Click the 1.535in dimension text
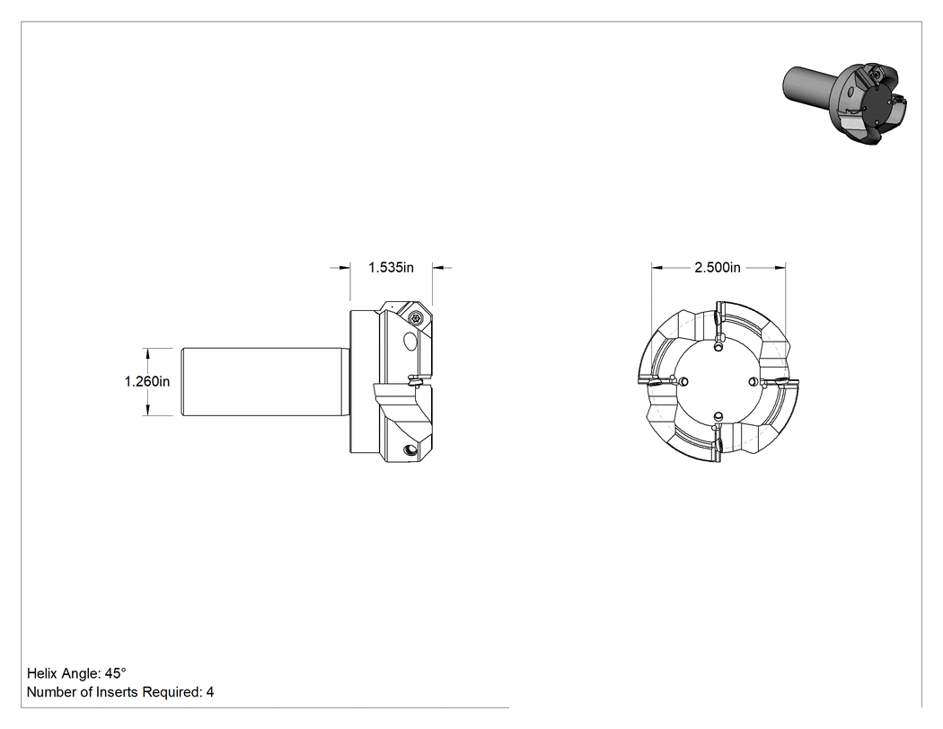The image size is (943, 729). (391, 267)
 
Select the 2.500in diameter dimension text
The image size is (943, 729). (718, 267)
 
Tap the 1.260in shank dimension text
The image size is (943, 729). (146, 381)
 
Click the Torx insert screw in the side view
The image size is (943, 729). (416, 317)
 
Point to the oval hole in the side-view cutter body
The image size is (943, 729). (410, 342)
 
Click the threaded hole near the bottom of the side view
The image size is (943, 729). (410, 449)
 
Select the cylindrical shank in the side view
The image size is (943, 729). (263, 382)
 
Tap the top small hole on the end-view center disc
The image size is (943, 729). (718, 347)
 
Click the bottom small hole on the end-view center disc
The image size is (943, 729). (718, 416)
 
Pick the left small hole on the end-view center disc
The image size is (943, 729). (683, 381)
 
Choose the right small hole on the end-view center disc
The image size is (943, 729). (753, 382)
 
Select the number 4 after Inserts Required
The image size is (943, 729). (210, 692)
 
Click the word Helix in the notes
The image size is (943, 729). (42, 673)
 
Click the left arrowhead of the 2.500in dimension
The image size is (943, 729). (657, 268)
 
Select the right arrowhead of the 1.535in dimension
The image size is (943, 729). (437, 268)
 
